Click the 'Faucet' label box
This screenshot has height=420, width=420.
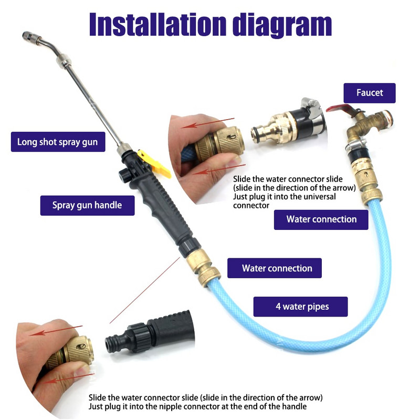pos(370,93)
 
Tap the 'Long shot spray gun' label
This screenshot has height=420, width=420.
pos(58,142)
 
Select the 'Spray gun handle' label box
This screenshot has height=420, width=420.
pos(87,205)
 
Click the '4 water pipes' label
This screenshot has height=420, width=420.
pos(300,307)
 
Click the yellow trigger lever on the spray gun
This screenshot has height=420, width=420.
pos(154,164)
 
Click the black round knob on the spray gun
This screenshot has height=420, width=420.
pos(124,175)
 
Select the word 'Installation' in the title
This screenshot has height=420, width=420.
pos(158,25)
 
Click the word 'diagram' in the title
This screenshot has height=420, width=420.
pos(282,25)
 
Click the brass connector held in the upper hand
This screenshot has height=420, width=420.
pos(219,143)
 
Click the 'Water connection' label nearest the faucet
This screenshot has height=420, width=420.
pos(321,219)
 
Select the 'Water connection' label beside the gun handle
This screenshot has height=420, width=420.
pos(275,268)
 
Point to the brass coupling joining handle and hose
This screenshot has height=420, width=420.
pos(203,268)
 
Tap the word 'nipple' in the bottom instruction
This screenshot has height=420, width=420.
pos(171,406)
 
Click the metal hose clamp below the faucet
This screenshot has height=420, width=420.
pos(356,144)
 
